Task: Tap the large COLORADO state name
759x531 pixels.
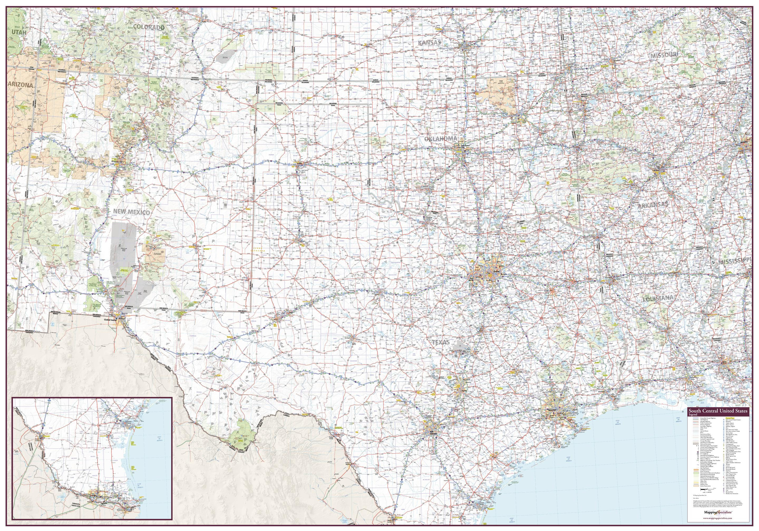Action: point(148,27)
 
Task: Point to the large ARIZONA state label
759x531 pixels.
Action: point(21,85)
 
